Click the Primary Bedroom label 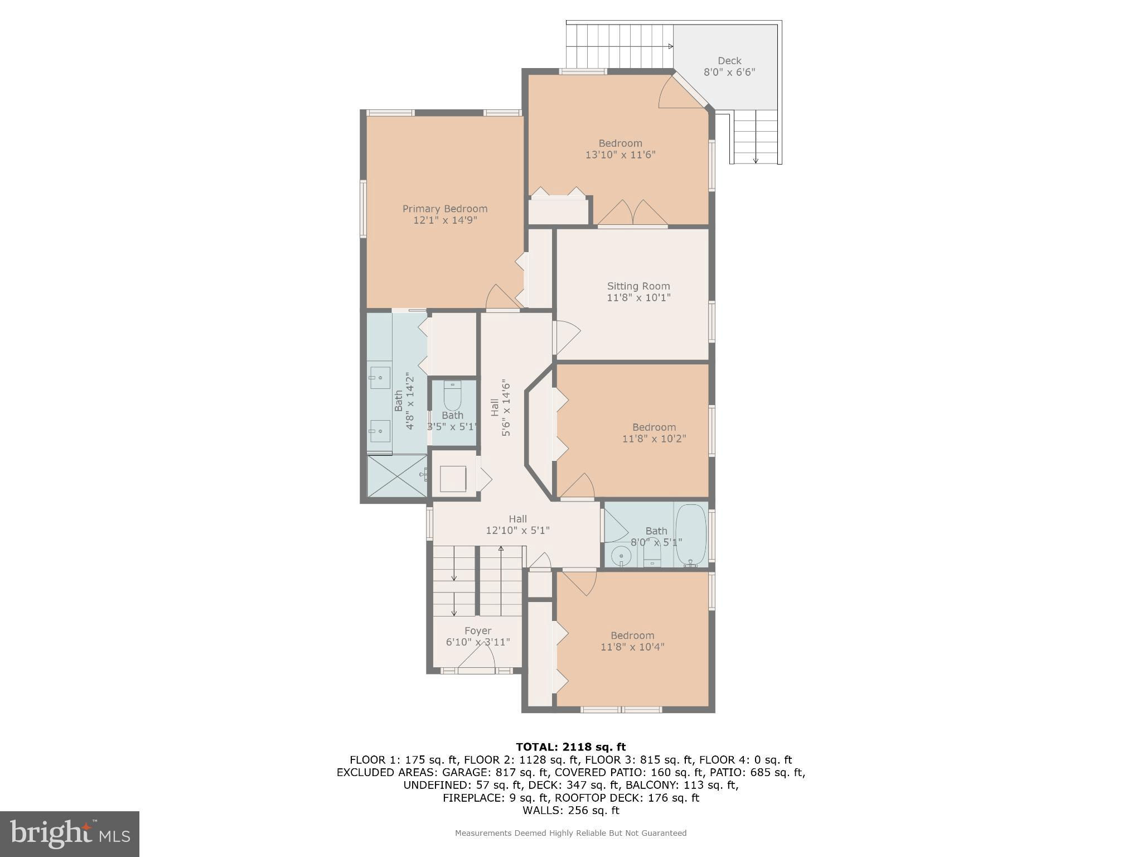445,209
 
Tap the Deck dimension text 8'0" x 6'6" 729,72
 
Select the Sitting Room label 638,286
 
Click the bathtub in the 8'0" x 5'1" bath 691,535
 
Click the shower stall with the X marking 396,476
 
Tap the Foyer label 478,631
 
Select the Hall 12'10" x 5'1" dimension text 517,531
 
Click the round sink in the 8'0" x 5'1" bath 621,556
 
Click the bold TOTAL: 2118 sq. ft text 570,747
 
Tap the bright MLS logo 70,834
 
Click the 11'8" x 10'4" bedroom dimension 632,647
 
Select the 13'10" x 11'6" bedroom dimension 620,155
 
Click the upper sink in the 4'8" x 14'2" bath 380,378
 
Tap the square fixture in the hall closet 453,479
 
